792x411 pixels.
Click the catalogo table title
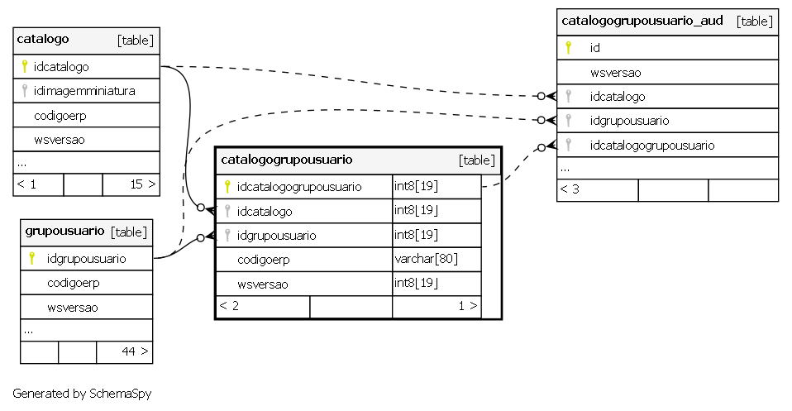pos(43,40)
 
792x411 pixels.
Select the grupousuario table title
pos(64,232)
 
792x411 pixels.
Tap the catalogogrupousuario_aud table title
pos(642,22)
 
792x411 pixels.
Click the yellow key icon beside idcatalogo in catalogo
pos(24,66)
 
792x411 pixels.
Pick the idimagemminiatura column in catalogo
pos(84,91)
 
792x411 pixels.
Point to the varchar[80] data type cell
pos(427,259)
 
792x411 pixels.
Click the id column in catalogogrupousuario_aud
pos(595,48)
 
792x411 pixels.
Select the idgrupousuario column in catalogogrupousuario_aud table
pos(629,121)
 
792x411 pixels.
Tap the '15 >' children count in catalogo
pos(143,184)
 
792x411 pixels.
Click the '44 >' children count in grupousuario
pos(135,351)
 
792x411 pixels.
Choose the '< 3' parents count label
pos(570,189)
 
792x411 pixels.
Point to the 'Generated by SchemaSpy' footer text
pos(82,394)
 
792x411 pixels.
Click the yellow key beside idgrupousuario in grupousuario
pos(31,258)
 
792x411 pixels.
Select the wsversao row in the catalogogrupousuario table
pos(263,284)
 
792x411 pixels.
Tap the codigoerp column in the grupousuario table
pos(74,283)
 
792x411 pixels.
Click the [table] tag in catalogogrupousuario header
pos(477,160)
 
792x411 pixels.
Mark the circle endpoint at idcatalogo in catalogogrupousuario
pos(201,208)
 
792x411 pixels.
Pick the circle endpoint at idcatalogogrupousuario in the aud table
pos(542,148)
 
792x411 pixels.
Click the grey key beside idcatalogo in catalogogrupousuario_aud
pos(568,96)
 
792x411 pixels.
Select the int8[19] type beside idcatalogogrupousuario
pos(416,186)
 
